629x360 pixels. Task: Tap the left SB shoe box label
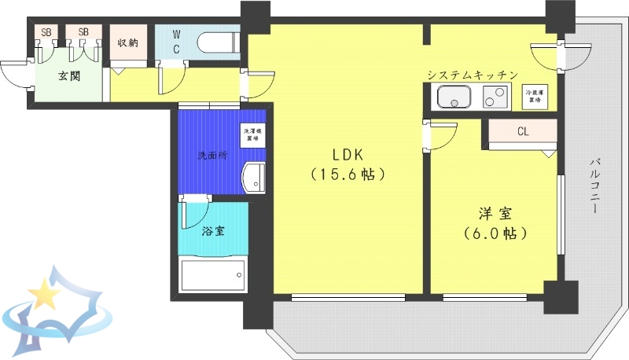tap(46, 32)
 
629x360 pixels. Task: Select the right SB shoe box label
tap(83, 32)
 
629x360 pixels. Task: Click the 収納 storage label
tap(128, 42)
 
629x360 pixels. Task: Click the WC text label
tap(176, 42)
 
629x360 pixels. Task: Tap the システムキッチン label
tap(472, 75)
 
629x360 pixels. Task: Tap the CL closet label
tap(523, 131)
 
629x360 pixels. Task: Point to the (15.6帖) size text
tap(347, 174)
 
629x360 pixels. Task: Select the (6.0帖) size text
tap(494, 233)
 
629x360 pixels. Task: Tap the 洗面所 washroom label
tap(212, 155)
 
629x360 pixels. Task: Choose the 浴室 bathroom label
tap(212, 231)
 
